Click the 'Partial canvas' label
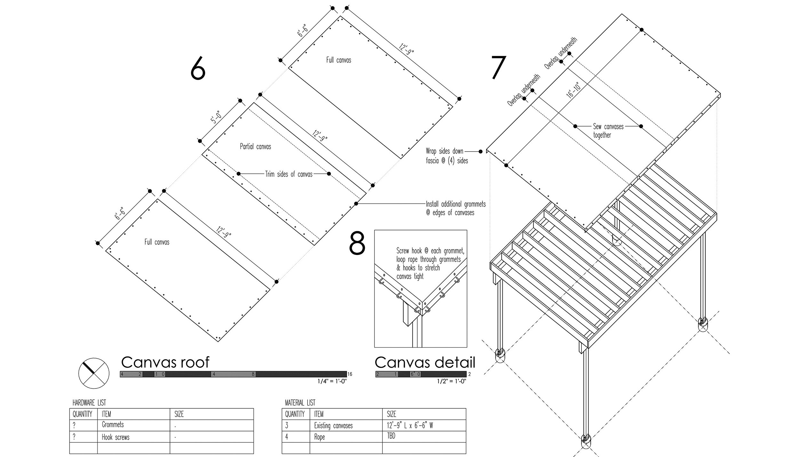[x=255, y=147]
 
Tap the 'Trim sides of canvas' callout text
[x=289, y=174]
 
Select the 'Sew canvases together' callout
[x=608, y=130]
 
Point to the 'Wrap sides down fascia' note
[x=447, y=156]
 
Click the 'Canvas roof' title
[x=165, y=362]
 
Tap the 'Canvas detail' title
[x=425, y=362]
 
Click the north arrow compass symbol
[x=94, y=373]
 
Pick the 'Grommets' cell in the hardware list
[x=113, y=425]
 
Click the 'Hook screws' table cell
[x=116, y=437]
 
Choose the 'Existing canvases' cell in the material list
[x=333, y=426]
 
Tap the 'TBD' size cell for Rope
[x=391, y=436]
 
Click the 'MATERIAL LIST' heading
[x=300, y=403]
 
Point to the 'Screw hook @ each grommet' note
[x=430, y=263]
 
